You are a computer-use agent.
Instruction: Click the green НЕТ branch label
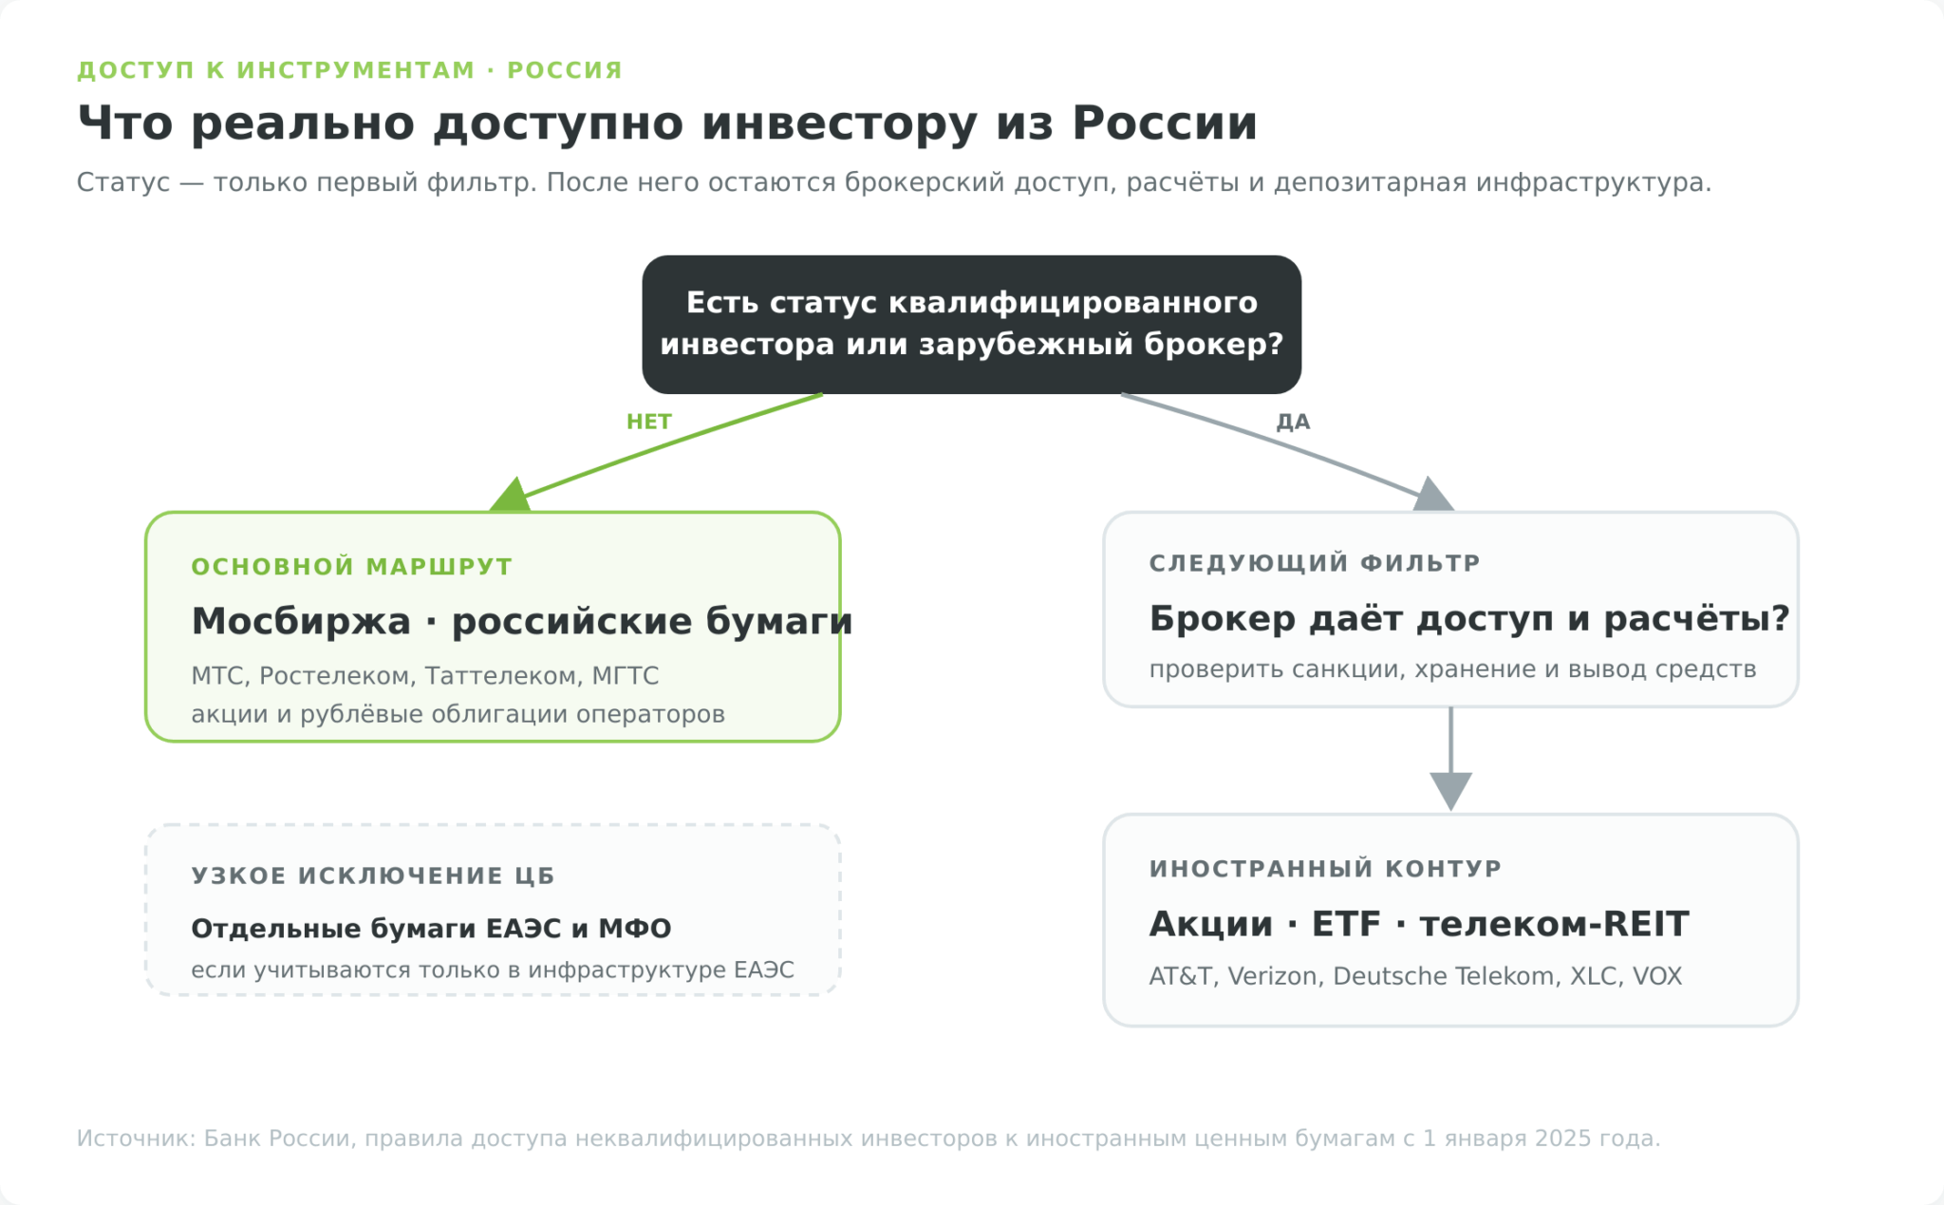649,422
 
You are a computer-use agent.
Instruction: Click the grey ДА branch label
1293,422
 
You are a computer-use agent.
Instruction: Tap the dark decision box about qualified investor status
971,324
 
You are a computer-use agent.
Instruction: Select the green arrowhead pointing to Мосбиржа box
511,495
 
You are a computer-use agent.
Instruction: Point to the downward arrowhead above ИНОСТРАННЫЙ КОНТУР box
1450,791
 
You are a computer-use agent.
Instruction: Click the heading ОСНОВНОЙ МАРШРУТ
352,567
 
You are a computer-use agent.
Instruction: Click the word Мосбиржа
301,621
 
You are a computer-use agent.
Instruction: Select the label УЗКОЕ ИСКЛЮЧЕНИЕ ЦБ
373,876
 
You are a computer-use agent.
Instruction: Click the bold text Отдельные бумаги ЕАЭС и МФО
431,929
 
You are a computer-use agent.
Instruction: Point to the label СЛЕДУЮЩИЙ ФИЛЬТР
1315,563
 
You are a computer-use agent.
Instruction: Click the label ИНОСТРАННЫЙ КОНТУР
1325,869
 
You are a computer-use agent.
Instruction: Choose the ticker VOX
1657,976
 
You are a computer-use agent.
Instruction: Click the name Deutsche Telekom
1443,976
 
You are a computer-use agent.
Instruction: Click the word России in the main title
1165,123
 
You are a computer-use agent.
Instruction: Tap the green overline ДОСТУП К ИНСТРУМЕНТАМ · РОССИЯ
349,70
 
